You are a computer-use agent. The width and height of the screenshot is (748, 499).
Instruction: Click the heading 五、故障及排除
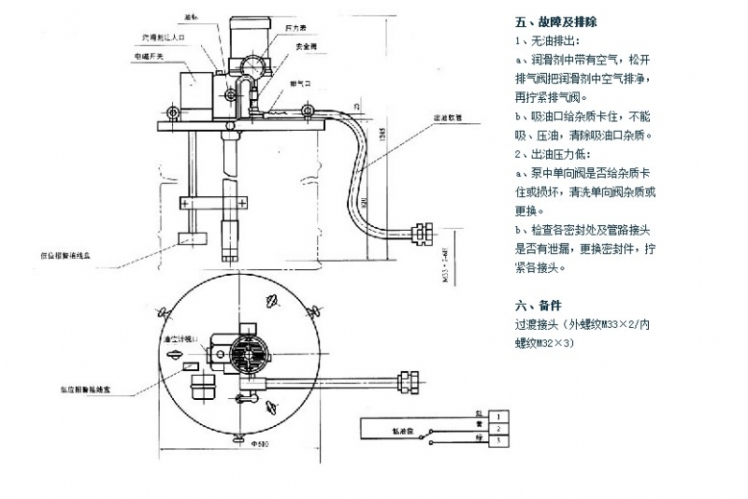(555, 21)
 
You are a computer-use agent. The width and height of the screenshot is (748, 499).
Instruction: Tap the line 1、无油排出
(547, 42)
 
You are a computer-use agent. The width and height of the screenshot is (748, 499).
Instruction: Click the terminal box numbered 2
(501, 427)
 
